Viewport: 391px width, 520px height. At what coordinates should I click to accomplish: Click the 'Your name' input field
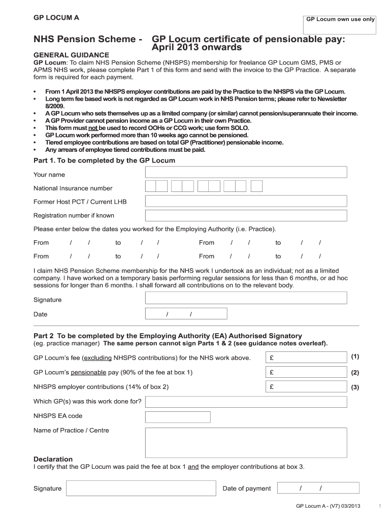(246, 172)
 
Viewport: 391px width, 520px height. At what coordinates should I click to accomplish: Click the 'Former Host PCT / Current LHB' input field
(246, 201)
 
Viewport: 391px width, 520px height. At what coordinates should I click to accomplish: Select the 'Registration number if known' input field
(246, 215)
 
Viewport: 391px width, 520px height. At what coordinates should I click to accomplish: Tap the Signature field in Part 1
(246, 298)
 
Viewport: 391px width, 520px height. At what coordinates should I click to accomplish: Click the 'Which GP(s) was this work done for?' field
(246, 402)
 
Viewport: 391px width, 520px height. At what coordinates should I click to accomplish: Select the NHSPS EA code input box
(178, 417)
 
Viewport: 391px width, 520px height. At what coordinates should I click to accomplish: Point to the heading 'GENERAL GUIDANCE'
(71, 54)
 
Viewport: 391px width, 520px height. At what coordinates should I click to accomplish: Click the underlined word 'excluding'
(97, 358)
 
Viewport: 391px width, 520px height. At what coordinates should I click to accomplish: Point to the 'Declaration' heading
(53, 459)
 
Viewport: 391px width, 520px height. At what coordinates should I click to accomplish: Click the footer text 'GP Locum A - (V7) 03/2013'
(328, 506)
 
